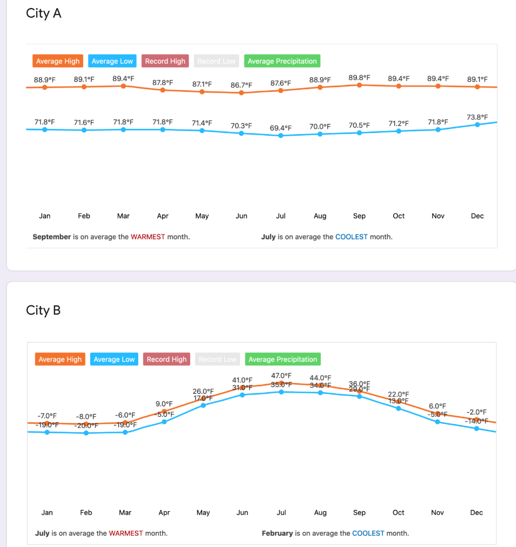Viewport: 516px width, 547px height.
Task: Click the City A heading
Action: [44, 14]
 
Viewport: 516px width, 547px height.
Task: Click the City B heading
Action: [43, 310]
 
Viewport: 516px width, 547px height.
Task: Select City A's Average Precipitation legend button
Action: [282, 61]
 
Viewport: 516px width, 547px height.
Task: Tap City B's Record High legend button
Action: [166, 360]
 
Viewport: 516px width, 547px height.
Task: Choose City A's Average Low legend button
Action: [112, 61]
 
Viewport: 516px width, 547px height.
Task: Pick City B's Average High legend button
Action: [60, 360]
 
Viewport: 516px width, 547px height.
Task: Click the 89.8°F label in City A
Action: [359, 77]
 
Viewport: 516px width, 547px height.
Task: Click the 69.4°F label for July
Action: [281, 128]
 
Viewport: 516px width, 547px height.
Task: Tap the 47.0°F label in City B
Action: [281, 376]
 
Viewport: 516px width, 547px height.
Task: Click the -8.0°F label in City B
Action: [86, 416]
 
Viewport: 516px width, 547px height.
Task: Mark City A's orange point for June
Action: [241, 92]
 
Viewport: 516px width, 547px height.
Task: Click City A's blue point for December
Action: [477, 124]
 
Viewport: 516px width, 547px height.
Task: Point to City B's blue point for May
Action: [203, 405]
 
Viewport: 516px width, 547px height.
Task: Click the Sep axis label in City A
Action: [359, 216]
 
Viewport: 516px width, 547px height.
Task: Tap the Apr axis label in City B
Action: [164, 512]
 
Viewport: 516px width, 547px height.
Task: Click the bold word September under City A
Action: [52, 237]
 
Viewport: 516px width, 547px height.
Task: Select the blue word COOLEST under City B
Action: [368, 533]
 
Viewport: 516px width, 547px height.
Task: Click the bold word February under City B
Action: [277, 533]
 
